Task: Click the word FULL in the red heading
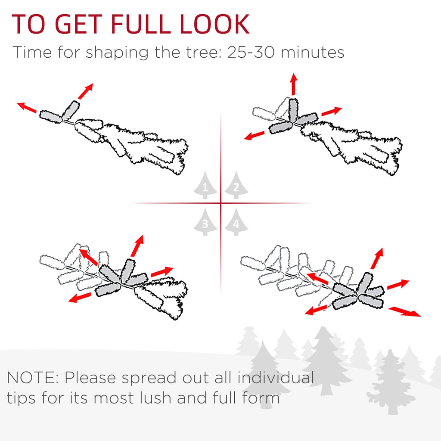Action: click(x=141, y=24)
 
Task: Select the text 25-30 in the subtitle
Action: click(x=251, y=52)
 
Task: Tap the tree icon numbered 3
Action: click(x=205, y=222)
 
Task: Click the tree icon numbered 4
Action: click(x=236, y=222)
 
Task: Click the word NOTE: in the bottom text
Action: click(x=32, y=378)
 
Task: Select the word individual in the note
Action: click(x=276, y=377)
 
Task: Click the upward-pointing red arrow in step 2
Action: click(x=294, y=84)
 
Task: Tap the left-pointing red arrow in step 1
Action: click(x=27, y=108)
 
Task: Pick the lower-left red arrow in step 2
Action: click(x=255, y=135)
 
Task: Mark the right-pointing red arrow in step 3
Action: click(x=162, y=271)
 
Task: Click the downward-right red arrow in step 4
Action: click(x=404, y=312)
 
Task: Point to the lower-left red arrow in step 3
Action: click(x=80, y=298)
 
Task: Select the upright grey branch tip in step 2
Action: click(x=293, y=110)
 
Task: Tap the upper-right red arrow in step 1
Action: click(x=86, y=91)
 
